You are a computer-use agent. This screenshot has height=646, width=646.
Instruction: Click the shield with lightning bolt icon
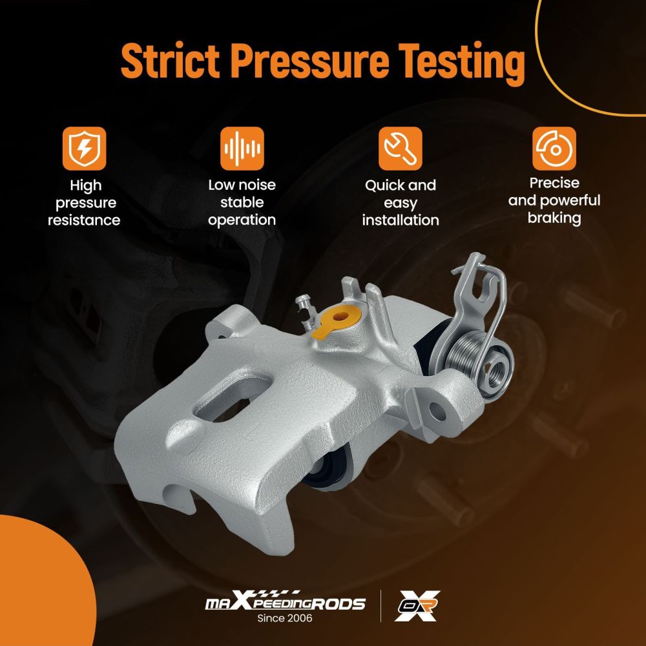[85, 149]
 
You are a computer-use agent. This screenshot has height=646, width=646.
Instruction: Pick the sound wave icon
[242, 149]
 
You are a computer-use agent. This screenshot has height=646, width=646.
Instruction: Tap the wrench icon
[401, 149]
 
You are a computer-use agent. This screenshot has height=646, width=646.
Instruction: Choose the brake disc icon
[554, 149]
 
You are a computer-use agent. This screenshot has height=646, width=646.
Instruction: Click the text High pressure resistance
[85, 203]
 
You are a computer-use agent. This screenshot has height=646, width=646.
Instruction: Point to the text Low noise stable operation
[242, 202]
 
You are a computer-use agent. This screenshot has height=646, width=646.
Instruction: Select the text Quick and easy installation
[401, 203]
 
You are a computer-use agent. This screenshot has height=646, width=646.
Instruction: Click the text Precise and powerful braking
[554, 201]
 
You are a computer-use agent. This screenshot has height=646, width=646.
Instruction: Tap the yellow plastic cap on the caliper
[337, 320]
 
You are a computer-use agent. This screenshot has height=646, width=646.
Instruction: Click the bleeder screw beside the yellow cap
[305, 311]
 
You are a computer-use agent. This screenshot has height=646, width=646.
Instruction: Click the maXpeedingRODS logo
[285, 603]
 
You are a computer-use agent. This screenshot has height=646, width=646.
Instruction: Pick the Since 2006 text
[285, 618]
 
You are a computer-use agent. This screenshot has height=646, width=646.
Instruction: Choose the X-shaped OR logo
[417, 606]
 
